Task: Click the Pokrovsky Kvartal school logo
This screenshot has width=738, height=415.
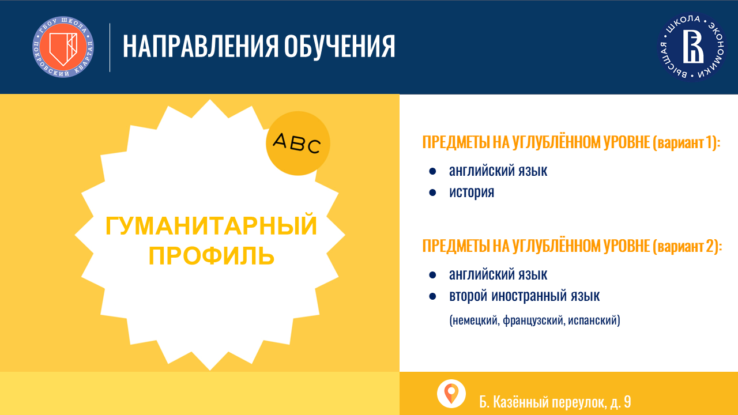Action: click(63, 47)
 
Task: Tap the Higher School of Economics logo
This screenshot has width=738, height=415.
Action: click(692, 47)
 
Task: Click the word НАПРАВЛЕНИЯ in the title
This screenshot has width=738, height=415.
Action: click(201, 47)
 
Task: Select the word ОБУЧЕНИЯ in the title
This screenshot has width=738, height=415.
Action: click(340, 47)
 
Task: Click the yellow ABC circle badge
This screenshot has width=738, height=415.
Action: click(298, 144)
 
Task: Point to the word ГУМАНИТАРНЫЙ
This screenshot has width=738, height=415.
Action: click(211, 226)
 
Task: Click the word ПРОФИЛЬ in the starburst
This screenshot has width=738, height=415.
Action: click(212, 256)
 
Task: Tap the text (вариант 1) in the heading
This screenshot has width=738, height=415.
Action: click(687, 142)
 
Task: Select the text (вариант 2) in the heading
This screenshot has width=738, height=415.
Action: click(687, 246)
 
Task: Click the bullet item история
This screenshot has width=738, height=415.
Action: click(472, 193)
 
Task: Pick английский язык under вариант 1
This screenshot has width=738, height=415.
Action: click(498, 171)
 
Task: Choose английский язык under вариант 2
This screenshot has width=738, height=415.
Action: click(498, 274)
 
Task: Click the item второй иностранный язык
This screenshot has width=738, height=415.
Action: click(524, 296)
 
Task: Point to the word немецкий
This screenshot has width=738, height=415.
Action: click(475, 320)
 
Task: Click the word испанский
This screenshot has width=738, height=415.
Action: click(594, 320)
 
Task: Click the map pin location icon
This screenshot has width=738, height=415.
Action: click(451, 394)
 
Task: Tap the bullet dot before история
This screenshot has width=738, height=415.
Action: click(432, 193)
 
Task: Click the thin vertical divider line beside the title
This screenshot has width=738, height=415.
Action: click(110, 47)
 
